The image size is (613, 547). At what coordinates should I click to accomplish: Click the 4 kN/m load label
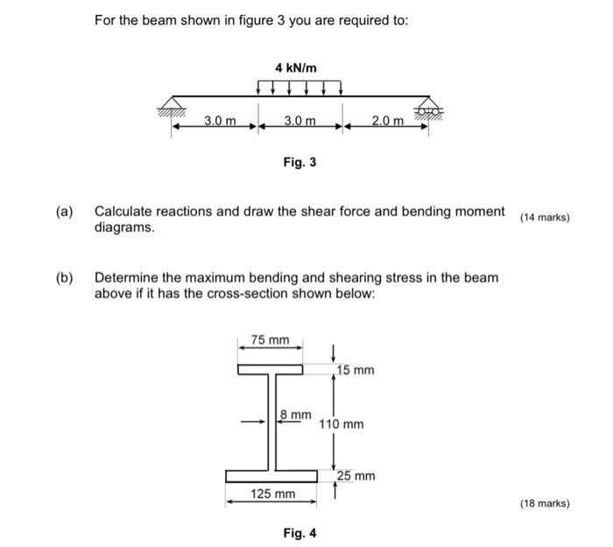[x=296, y=67]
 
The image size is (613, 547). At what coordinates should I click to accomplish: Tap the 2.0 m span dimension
[x=387, y=120]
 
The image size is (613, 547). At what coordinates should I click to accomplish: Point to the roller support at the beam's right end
[x=428, y=107]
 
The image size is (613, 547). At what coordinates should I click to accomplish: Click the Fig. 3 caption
[x=299, y=162]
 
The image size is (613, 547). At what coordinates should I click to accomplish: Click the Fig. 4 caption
[x=299, y=531]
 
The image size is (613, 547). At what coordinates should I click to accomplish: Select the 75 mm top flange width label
[x=270, y=340]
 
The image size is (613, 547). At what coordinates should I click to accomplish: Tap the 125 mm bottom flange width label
[x=272, y=494]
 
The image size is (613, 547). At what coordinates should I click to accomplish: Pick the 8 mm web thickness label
[x=296, y=414]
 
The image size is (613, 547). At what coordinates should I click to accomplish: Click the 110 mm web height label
[x=342, y=424]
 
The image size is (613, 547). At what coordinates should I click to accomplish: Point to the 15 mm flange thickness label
[x=356, y=370]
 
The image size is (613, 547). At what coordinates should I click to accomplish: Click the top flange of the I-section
[x=270, y=370]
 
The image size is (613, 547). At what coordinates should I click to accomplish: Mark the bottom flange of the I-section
[x=271, y=476]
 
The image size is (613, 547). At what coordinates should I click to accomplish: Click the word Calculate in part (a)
[x=126, y=212]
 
